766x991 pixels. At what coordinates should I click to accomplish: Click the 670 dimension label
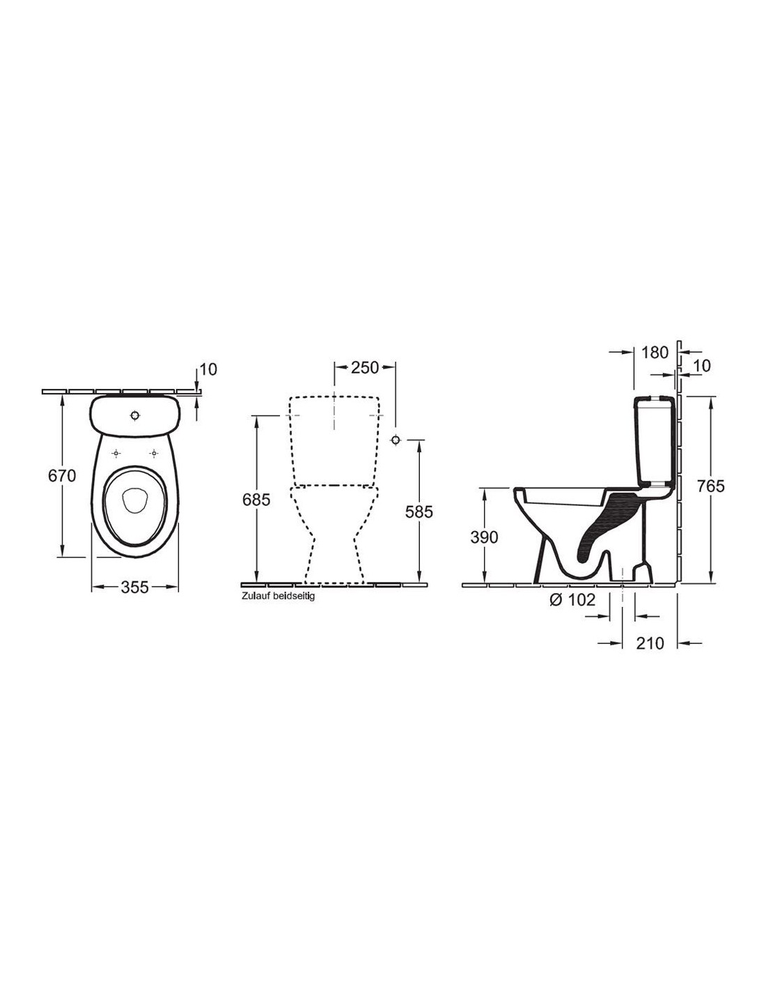tap(62, 476)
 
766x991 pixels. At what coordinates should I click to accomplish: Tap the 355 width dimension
tap(135, 587)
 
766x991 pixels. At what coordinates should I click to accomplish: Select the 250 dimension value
tap(365, 367)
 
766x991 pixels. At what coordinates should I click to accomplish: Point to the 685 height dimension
tap(256, 500)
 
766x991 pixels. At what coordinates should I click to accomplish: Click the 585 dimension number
tap(419, 512)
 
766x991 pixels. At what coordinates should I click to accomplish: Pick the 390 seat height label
tap(485, 538)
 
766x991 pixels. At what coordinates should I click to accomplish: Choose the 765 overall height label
tap(711, 486)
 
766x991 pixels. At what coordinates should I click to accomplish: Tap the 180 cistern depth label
tap(655, 352)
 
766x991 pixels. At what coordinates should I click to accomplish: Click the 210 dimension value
tap(650, 643)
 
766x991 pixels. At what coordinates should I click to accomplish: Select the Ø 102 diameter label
tap(573, 600)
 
